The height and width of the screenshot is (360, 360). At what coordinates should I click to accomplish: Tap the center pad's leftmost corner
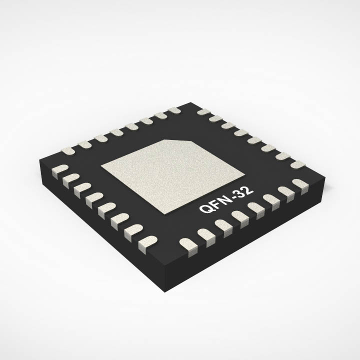101,166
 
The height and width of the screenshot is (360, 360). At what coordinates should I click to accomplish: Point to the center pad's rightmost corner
244,174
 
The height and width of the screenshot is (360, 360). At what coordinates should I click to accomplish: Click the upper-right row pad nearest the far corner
203,111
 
